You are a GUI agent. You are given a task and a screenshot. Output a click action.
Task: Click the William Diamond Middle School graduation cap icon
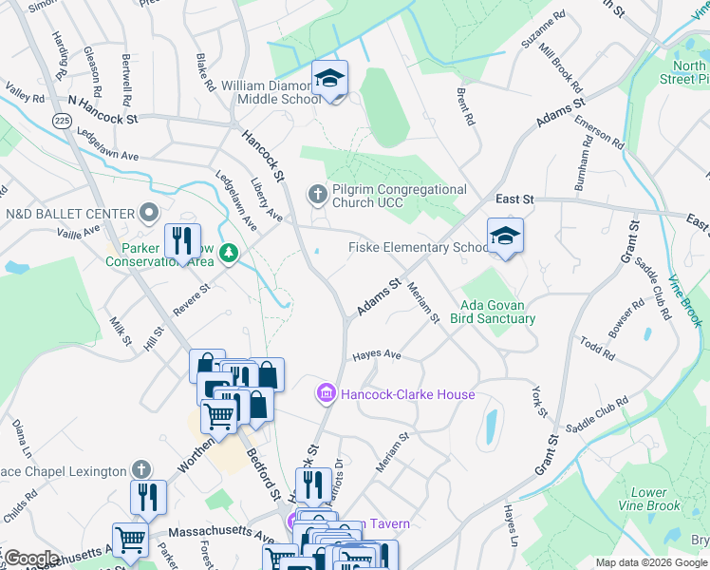pos(330,79)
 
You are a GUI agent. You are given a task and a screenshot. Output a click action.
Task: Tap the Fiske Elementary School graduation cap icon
pos(505,237)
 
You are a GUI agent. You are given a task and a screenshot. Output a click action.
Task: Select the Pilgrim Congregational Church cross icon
pos(318,195)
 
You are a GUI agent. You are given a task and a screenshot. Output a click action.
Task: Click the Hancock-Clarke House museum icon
pos(327,393)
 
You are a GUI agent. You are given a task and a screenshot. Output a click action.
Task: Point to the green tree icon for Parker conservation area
pos(228,253)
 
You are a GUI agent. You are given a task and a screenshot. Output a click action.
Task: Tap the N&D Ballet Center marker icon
pos(149,212)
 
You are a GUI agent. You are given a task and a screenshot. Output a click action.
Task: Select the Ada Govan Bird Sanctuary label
pos(497,313)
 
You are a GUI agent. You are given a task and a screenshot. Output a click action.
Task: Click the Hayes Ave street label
pos(377,355)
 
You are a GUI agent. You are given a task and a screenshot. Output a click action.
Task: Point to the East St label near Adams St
pos(515,199)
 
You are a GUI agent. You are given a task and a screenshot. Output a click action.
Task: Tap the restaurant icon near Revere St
pos(182,241)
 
